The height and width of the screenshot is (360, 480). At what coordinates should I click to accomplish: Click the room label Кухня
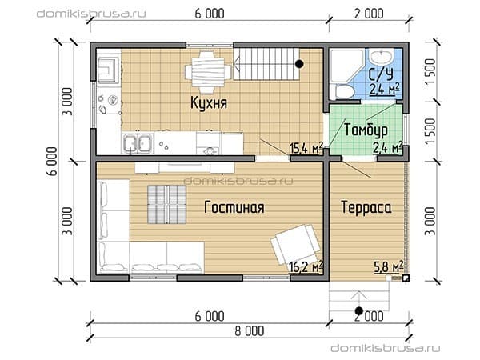pyautogui.click(x=209, y=102)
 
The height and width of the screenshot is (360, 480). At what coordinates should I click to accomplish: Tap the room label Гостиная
pyautogui.click(x=234, y=207)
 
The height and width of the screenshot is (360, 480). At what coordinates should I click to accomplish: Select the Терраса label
pyautogui.click(x=366, y=207)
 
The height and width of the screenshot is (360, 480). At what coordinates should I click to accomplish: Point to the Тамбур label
pyautogui.click(x=366, y=130)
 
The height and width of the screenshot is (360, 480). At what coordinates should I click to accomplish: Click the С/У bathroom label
pyautogui.click(x=381, y=74)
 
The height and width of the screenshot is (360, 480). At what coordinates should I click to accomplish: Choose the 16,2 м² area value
pyautogui.click(x=306, y=266)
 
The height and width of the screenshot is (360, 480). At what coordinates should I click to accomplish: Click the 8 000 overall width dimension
pyautogui.click(x=250, y=331)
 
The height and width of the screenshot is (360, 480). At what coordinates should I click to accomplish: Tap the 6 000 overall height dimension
pyautogui.click(x=52, y=162)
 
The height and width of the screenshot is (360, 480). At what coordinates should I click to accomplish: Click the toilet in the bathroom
pyautogui.click(x=345, y=91)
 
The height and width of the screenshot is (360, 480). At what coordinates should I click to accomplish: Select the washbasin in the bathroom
pyautogui.click(x=381, y=56)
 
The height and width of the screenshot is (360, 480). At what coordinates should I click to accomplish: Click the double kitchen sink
pyautogui.click(x=137, y=143)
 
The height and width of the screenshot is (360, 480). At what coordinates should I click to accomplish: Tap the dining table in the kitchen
pyautogui.click(x=207, y=72)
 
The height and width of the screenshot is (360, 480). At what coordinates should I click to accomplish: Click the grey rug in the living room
pyautogui.click(x=167, y=204)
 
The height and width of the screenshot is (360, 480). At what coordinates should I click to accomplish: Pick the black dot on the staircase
pyautogui.click(x=299, y=64)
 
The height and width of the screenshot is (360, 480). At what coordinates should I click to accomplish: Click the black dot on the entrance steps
pyautogui.click(x=358, y=311)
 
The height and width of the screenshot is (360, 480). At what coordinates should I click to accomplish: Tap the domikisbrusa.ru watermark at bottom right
pyautogui.click(x=386, y=348)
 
